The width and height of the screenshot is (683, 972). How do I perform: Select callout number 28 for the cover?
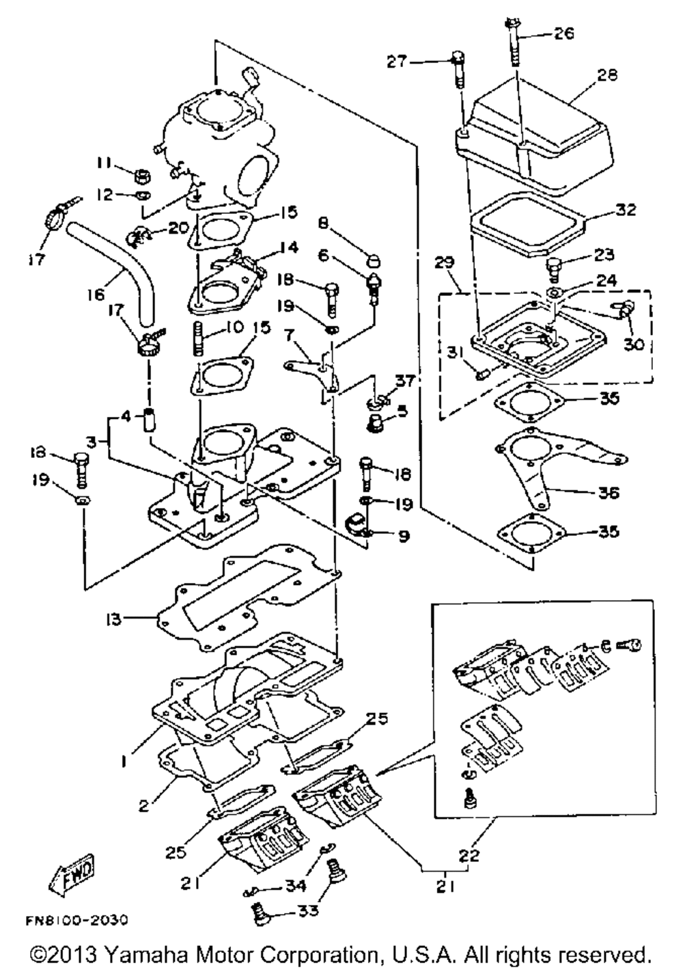(x=607, y=75)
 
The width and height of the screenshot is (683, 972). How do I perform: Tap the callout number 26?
(x=563, y=33)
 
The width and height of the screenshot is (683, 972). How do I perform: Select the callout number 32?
(x=626, y=210)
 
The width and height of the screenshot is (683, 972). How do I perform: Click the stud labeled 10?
(x=198, y=338)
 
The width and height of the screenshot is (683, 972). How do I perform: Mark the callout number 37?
(x=405, y=381)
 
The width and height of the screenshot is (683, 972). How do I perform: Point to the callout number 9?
(x=403, y=537)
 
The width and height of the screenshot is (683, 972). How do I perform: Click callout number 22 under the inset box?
(x=469, y=855)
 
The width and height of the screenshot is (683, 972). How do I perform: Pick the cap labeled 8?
(x=373, y=261)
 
